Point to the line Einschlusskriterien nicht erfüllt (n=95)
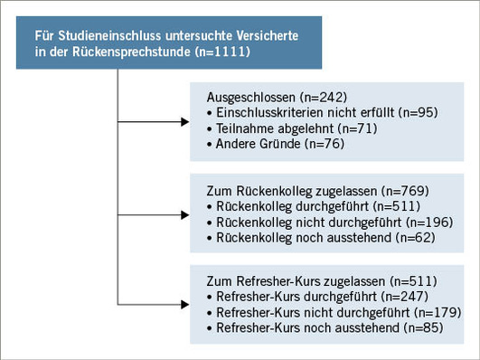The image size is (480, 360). pos(310,112)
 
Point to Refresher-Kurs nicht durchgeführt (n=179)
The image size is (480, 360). pos(321,310)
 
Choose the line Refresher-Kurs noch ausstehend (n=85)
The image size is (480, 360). pos(318,326)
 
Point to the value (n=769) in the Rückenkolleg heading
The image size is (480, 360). pos(399,190)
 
